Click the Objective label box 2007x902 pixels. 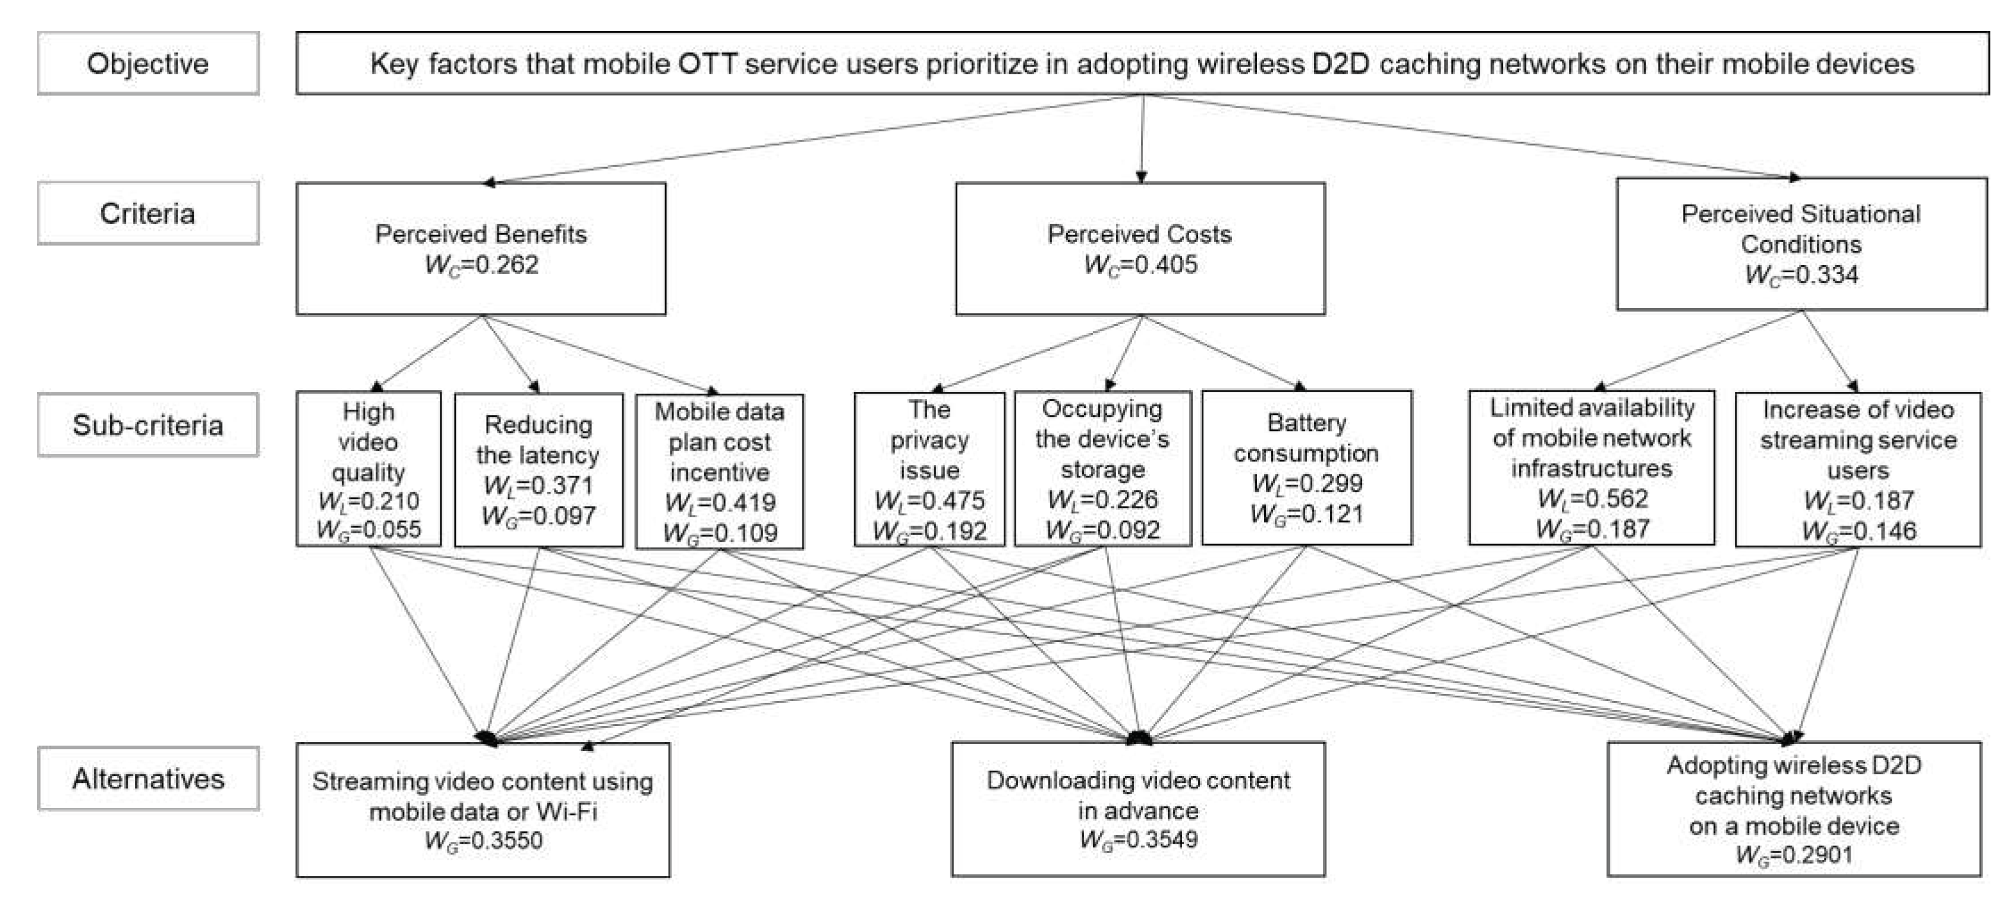pyautogui.click(x=147, y=63)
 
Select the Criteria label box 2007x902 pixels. pyautogui.click(x=147, y=213)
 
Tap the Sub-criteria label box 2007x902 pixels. pyautogui.click(x=147, y=425)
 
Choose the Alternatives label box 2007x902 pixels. pyautogui.click(x=147, y=778)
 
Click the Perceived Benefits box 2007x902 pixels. pyautogui.click(x=481, y=249)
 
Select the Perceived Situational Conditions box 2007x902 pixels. pyautogui.click(x=1801, y=244)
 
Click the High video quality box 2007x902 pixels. pyautogui.click(x=368, y=468)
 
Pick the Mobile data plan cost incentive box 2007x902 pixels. pyautogui.click(x=719, y=471)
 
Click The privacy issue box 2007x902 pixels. pyautogui.click(x=929, y=469)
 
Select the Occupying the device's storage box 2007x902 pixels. pyautogui.click(x=1102, y=468)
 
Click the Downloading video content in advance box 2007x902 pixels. pyautogui.click(x=1138, y=809)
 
